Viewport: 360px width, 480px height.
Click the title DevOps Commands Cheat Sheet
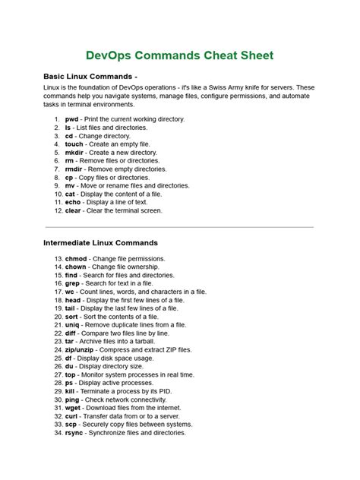pos(179,55)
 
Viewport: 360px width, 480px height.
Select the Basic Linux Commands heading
pos(90,77)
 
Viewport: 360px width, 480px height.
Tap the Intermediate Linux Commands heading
pos(100,242)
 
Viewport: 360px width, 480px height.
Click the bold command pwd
pos(71,119)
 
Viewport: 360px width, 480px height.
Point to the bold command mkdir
pos(74,153)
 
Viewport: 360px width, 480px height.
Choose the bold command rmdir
pos(74,169)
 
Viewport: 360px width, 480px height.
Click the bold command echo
pos(74,203)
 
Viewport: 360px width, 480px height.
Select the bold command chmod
pos(76,258)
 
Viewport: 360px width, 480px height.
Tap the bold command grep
pos(73,283)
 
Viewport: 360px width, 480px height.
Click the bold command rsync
pos(74,432)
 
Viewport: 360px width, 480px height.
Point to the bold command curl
pos(72,415)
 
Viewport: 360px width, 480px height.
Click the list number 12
pos(58,210)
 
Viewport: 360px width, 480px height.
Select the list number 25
pos(58,358)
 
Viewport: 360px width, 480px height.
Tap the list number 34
pos(58,432)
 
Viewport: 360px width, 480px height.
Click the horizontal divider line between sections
pos(179,226)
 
